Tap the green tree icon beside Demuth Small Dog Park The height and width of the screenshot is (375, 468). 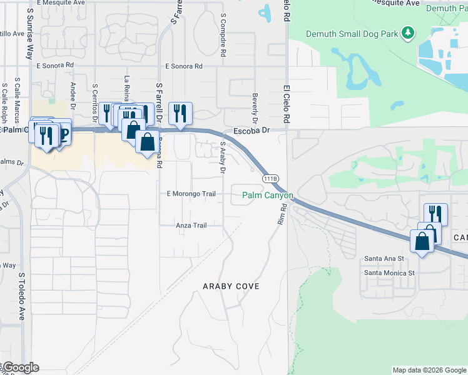pyautogui.click(x=408, y=32)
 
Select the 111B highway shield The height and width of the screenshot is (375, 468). pyautogui.click(x=270, y=179)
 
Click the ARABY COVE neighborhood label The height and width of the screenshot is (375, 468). pyautogui.click(x=231, y=286)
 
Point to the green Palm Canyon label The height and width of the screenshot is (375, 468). pyautogui.click(x=268, y=196)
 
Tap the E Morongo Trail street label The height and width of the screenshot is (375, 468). pyautogui.click(x=191, y=194)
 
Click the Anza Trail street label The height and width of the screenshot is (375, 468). pyautogui.click(x=191, y=226)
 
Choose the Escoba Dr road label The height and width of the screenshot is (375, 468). pyautogui.click(x=251, y=131)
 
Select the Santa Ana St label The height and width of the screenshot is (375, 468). pyautogui.click(x=384, y=258)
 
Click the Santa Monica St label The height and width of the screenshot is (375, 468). pyautogui.click(x=389, y=272)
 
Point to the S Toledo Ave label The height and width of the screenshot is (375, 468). pyautogui.click(x=21, y=296)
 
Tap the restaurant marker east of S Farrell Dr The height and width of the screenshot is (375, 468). pyautogui.click(x=180, y=114)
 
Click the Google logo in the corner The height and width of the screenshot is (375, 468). pyautogui.click(x=20, y=367)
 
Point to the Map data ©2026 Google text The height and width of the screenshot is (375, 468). pyautogui.click(x=429, y=370)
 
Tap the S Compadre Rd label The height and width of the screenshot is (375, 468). pyautogui.click(x=222, y=35)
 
